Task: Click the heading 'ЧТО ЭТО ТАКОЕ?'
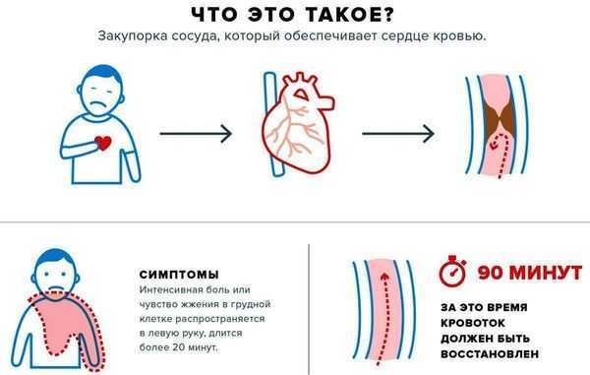click(x=294, y=13)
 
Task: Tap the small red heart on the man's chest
click(x=103, y=144)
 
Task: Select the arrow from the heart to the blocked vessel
click(x=397, y=133)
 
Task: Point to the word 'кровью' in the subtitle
click(x=467, y=37)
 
